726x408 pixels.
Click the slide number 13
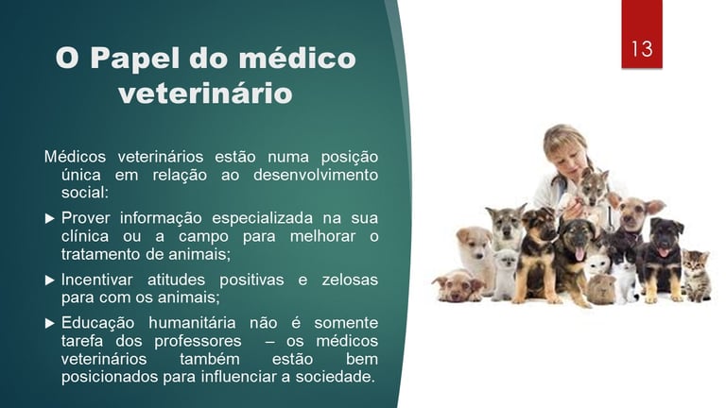tap(642, 48)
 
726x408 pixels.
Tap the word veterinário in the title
tap(205, 93)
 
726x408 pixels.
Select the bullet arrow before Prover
tap(49, 218)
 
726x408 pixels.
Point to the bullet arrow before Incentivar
tap(49, 280)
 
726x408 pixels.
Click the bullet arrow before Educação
tap(49, 323)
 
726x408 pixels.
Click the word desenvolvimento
tap(316, 175)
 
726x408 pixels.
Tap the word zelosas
tap(350, 280)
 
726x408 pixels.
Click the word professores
tap(198, 342)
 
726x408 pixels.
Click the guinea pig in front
tap(601, 289)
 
